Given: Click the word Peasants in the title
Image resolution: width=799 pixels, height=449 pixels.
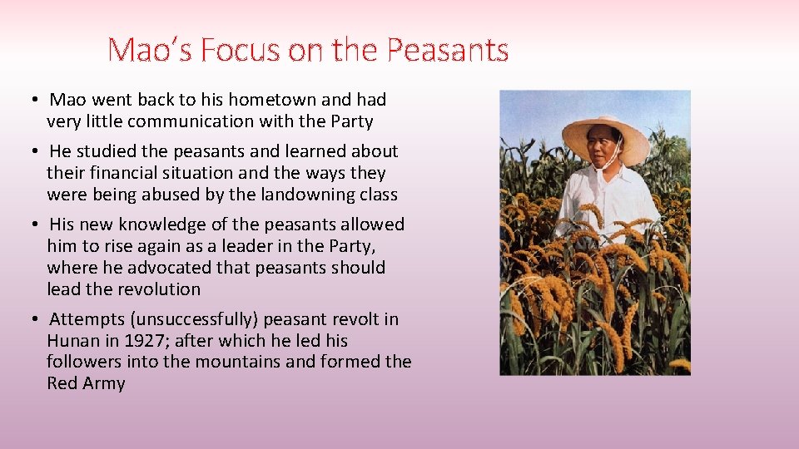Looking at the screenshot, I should pyautogui.click(x=448, y=51).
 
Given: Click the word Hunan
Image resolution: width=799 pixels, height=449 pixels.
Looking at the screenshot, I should pyautogui.click(x=73, y=341).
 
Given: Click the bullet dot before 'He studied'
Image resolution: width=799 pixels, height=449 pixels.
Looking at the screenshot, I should pyautogui.click(x=29, y=151).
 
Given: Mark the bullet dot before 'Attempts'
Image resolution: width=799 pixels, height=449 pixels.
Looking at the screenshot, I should pyautogui.click(x=29, y=319).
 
